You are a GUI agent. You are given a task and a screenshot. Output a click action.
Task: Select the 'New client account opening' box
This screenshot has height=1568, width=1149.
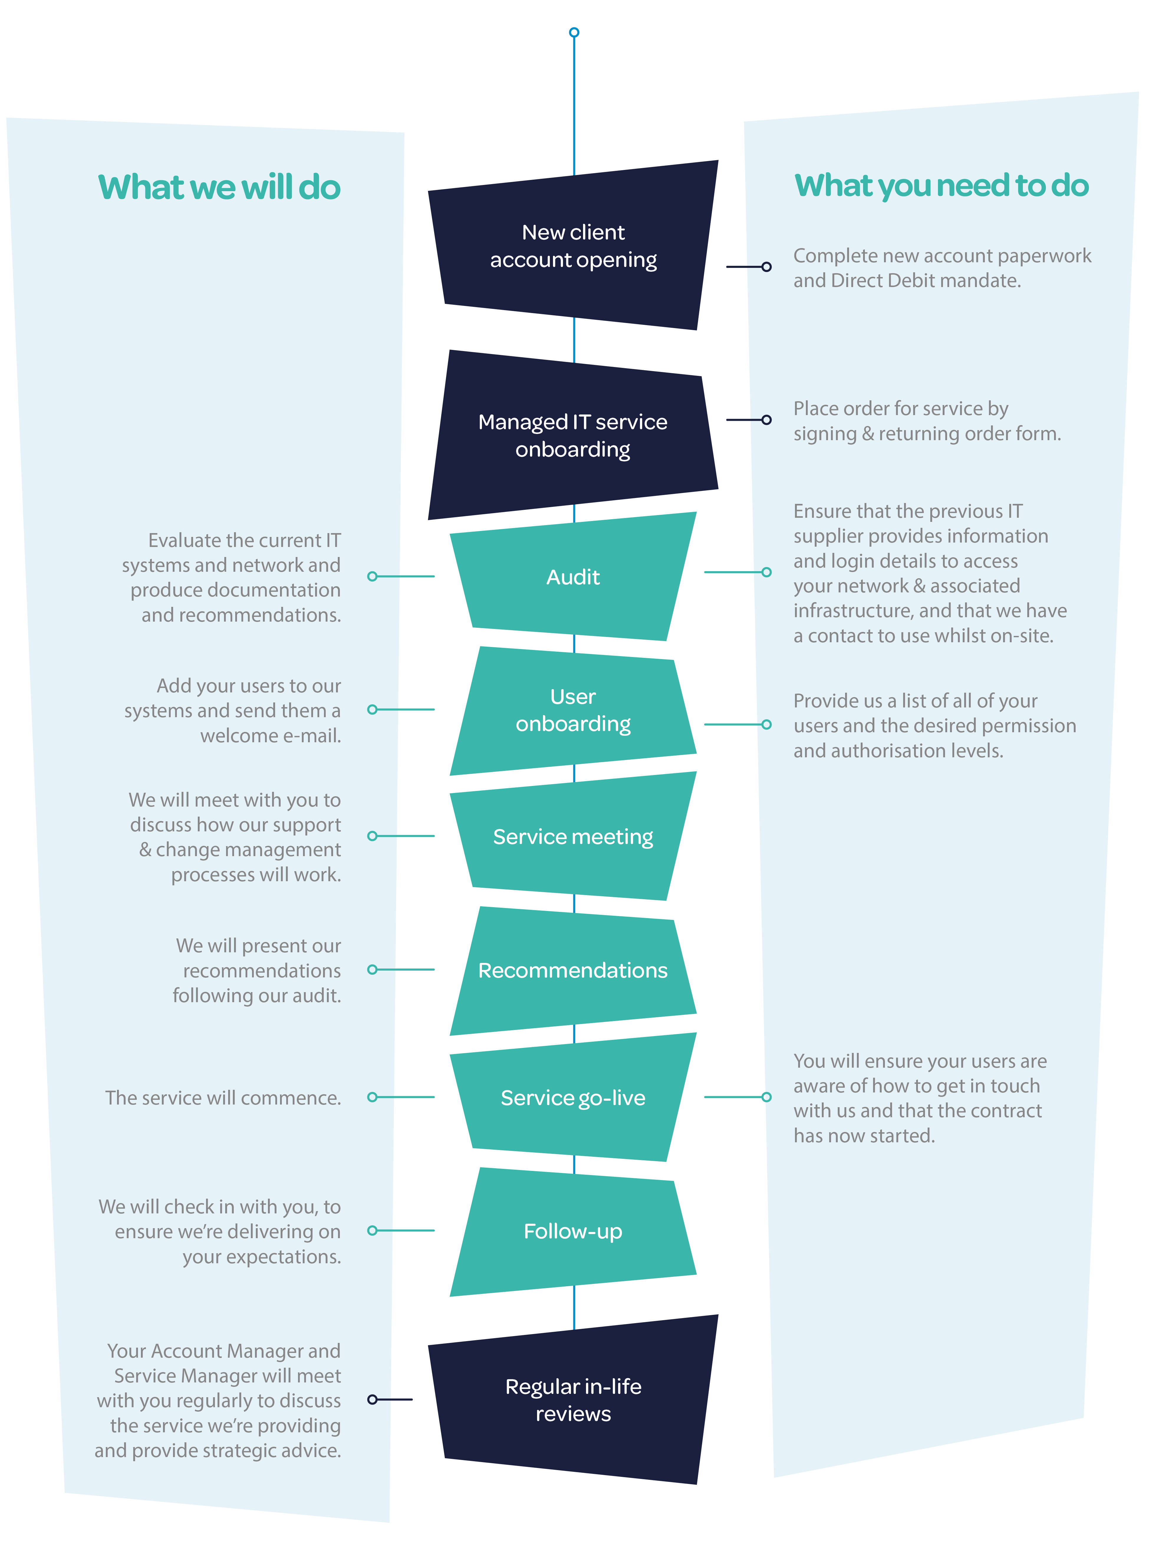pos(573,246)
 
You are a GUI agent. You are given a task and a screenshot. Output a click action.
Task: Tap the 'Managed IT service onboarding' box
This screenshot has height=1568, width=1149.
pos(573,435)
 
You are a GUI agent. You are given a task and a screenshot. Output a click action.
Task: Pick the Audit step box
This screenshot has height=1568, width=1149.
pos(573,577)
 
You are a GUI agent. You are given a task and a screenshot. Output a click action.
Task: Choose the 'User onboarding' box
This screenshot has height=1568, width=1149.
pos(573,710)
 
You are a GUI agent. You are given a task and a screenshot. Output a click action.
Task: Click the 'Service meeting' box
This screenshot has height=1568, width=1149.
pos(573,837)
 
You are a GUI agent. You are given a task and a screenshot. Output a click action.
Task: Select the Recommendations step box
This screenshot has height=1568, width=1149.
pos(573,970)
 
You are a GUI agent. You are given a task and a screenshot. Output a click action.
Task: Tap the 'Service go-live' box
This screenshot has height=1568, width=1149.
pos(573,1097)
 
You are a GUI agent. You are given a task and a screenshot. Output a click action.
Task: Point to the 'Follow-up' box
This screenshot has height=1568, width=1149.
pos(573,1231)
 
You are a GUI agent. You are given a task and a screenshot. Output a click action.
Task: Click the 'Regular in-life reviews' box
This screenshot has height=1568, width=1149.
pos(573,1400)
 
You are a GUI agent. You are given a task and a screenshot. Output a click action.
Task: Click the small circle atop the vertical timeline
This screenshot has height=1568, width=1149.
pos(574,32)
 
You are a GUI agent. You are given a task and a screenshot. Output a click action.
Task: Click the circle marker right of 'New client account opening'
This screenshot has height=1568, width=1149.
pos(766,267)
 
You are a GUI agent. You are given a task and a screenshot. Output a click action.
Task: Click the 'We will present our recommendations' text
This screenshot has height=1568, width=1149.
pos(257,970)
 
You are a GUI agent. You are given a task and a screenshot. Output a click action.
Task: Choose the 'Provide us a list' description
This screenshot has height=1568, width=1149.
pos(934,725)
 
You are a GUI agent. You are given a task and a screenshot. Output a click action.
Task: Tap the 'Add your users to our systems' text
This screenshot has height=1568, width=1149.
pos(233,710)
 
